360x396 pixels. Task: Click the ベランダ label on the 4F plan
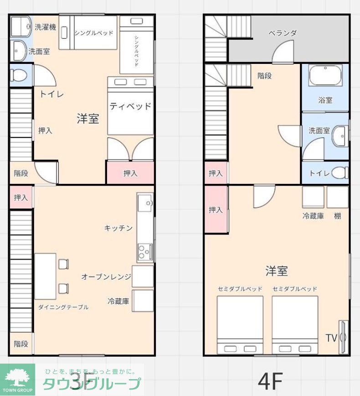[x=283, y=33]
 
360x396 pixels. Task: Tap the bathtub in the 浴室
[x=325, y=75]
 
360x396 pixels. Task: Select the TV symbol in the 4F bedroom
[x=343, y=338]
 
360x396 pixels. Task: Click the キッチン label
[x=118, y=228]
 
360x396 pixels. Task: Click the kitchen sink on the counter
[x=145, y=201]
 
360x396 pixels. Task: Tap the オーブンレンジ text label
[x=106, y=276]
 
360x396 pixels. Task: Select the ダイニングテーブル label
[x=63, y=307]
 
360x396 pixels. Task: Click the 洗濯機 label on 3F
[x=46, y=27]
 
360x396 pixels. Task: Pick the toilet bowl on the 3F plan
[x=19, y=75]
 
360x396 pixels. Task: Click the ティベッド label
[x=130, y=106]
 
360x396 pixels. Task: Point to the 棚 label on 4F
[x=338, y=216]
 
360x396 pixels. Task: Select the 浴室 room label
[x=325, y=100]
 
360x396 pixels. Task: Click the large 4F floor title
[x=271, y=380]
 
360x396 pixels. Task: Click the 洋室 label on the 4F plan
[x=277, y=271]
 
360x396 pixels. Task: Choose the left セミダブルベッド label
[x=240, y=289]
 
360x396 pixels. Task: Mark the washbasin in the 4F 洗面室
[x=339, y=135]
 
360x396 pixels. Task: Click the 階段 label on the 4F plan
[x=264, y=76]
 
